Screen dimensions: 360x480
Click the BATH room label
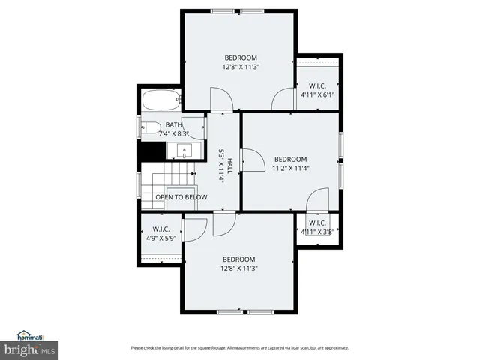(173, 125)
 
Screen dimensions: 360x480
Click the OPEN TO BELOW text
(181, 197)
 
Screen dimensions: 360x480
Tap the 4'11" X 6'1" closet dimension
(318, 95)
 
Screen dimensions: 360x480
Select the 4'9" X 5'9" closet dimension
(161, 238)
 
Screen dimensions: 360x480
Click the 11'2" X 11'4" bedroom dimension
(290, 168)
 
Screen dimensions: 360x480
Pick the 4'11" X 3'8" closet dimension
(317, 232)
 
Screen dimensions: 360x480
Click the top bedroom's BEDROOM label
(241, 58)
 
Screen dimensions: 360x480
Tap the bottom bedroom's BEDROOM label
(238, 259)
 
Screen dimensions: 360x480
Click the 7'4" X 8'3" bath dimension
(173, 133)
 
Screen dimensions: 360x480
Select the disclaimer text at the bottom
(239, 347)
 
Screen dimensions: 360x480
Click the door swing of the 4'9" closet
(194, 229)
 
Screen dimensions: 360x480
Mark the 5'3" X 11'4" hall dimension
(221, 166)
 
